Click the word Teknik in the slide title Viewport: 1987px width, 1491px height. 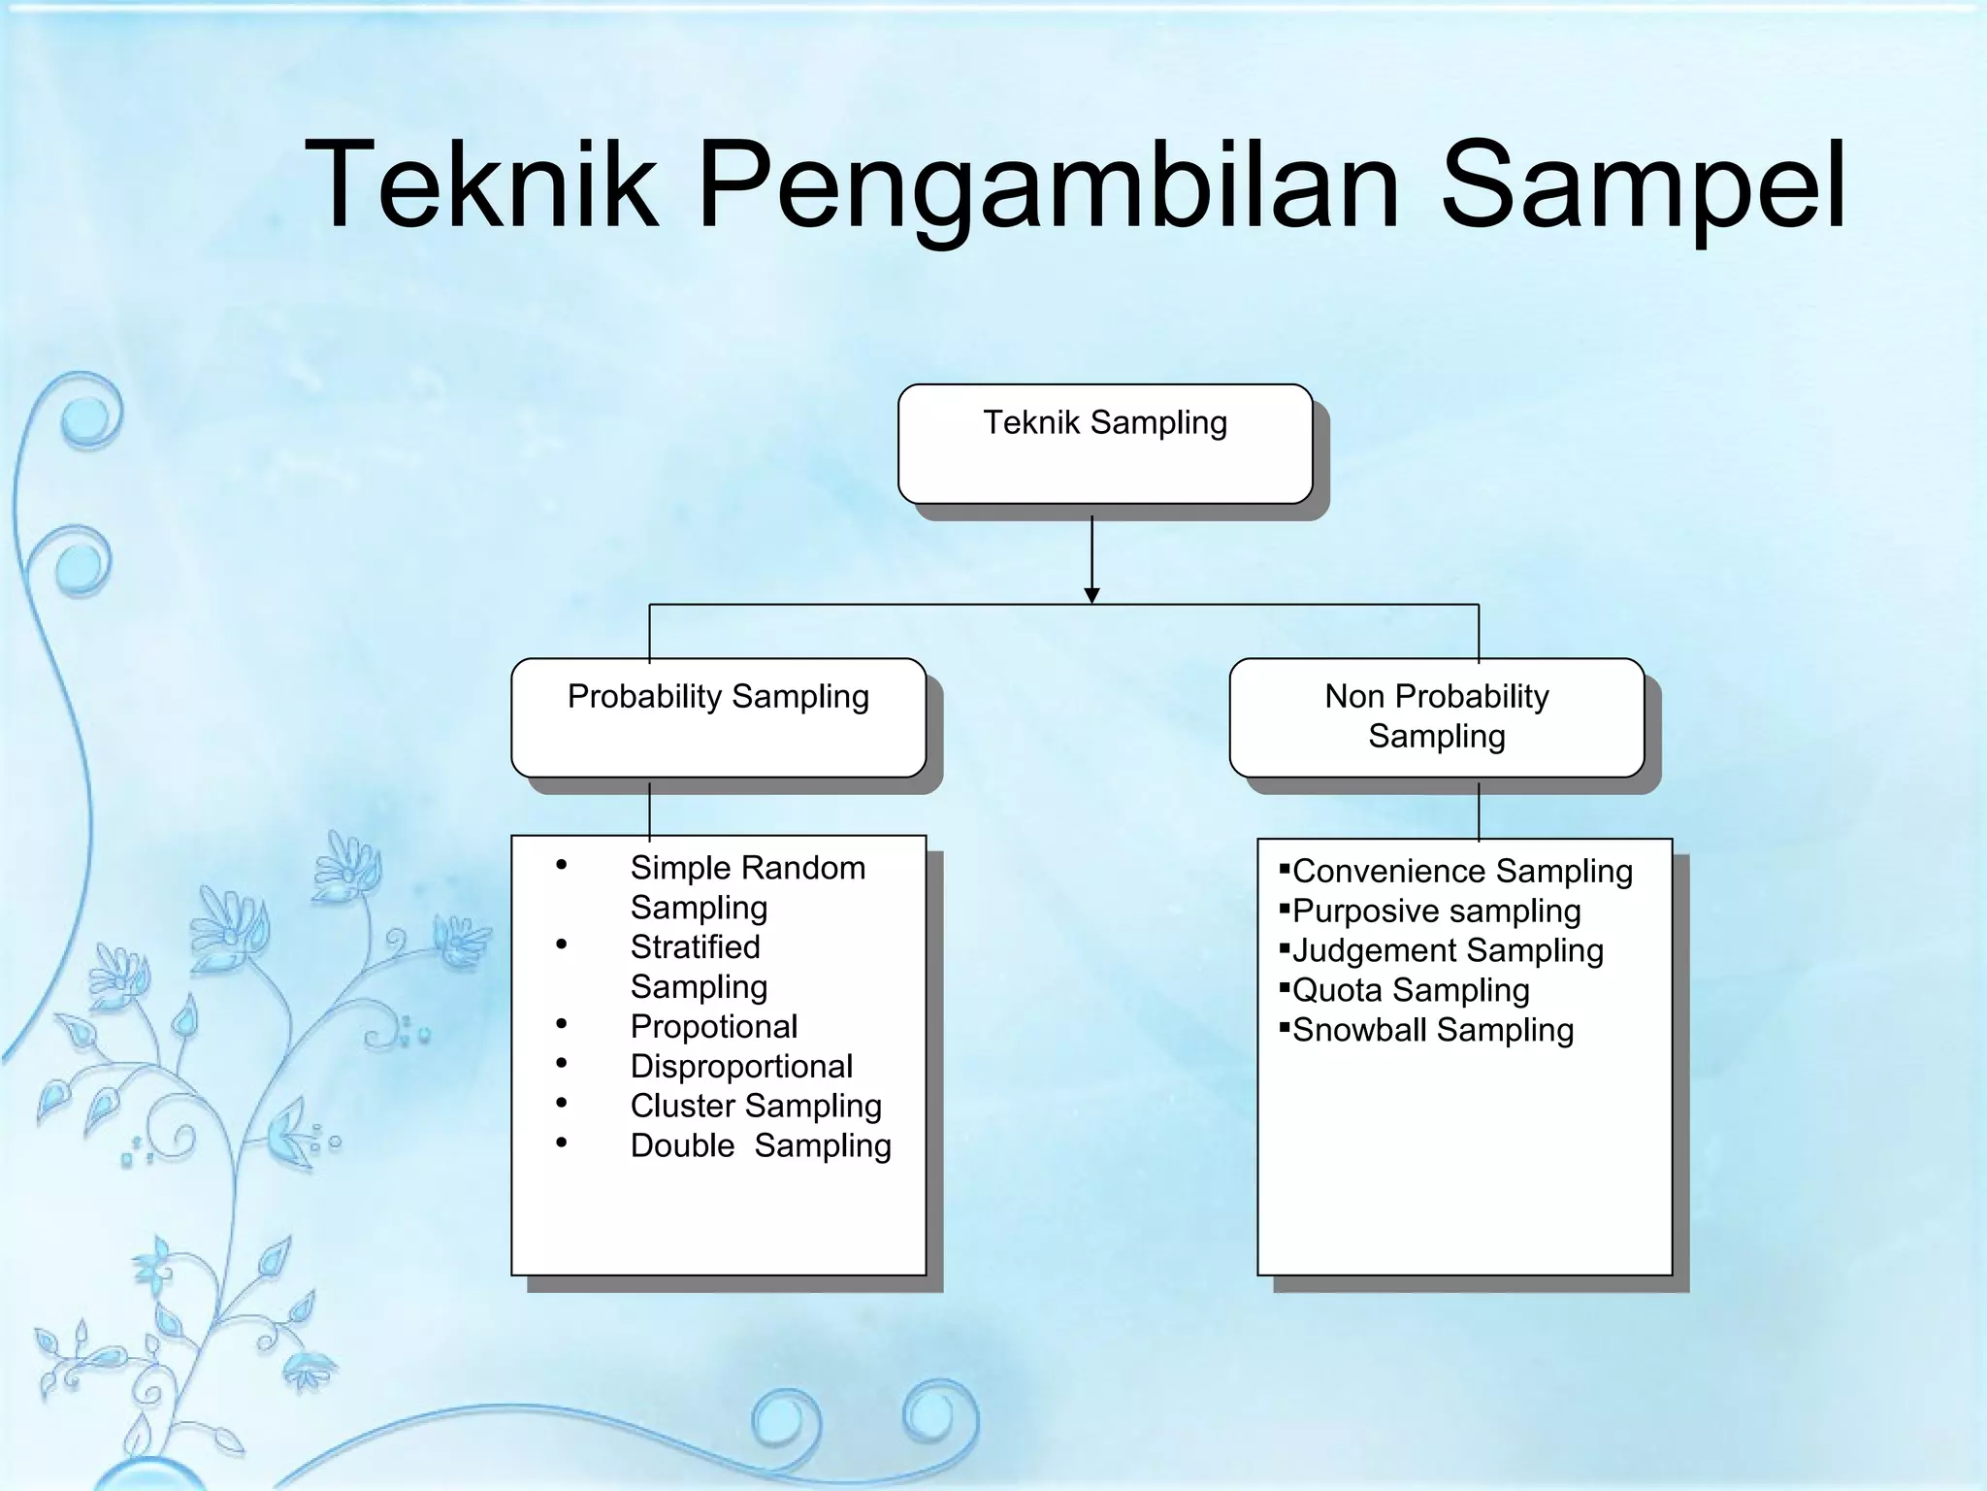(x=481, y=184)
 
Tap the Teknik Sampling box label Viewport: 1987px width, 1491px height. (x=1105, y=423)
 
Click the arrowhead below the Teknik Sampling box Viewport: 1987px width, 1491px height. (x=1091, y=595)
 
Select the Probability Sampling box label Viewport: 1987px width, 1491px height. (x=718, y=697)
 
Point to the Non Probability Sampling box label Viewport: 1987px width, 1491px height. (x=1437, y=716)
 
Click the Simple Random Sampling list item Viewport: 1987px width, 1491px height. (x=747, y=887)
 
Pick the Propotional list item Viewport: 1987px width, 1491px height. (x=714, y=1027)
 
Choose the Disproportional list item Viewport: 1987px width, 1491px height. (x=741, y=1067)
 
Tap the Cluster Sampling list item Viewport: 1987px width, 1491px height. (x=756, y=1107)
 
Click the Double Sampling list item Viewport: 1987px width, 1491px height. (x=761, y=1146)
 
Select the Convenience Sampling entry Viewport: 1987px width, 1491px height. (x=1462, y=872)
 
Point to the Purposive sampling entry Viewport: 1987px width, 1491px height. (x=1436, y=911)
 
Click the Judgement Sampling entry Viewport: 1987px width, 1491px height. (x=1448, y=951)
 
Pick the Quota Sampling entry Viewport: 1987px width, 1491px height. (x=1411, y=991)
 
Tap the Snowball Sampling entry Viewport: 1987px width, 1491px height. (x=1433, y=1031)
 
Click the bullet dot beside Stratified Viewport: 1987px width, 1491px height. (x=562, y=944)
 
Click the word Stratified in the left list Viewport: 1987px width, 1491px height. (x=695, y=947)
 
